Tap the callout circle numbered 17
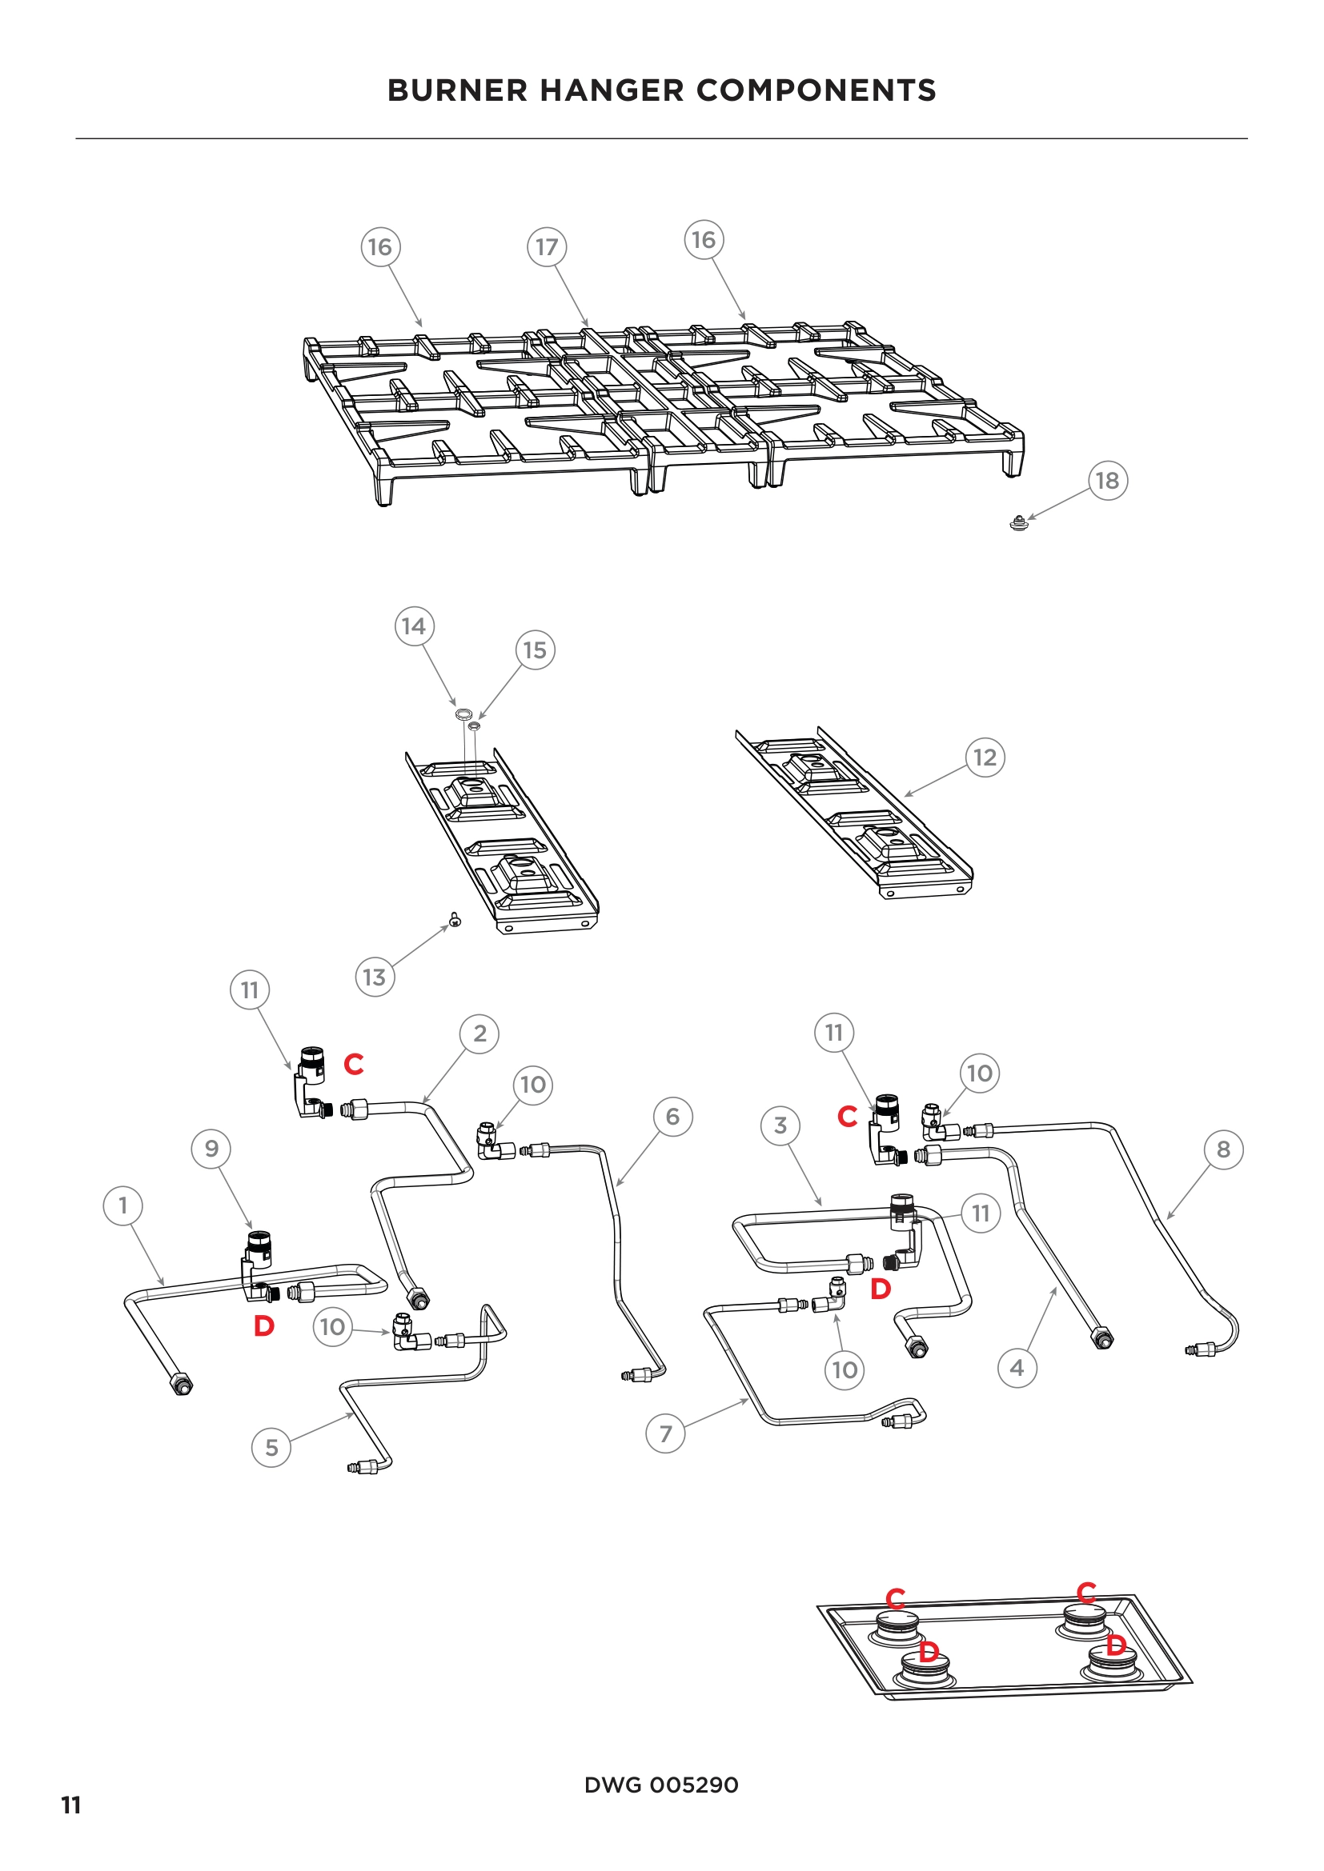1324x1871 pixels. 546,247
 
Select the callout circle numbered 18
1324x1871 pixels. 1107,481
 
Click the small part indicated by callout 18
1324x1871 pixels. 1018,524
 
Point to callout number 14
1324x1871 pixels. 414,626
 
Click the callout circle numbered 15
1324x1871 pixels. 535,650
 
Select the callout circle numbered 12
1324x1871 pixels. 985,757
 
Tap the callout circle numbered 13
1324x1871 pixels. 374,977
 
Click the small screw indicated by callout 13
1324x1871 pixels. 455,920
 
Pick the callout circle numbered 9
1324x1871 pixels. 211,1148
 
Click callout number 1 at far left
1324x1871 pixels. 123,1205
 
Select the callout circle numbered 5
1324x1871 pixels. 271,1447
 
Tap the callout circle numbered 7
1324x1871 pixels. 665,1433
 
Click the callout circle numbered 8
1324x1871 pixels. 1223,1149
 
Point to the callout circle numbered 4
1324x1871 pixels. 1017,1367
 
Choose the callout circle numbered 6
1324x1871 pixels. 672,1117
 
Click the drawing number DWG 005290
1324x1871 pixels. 661,1785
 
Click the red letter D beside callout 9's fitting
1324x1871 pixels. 263,1325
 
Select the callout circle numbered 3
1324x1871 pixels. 780,1125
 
